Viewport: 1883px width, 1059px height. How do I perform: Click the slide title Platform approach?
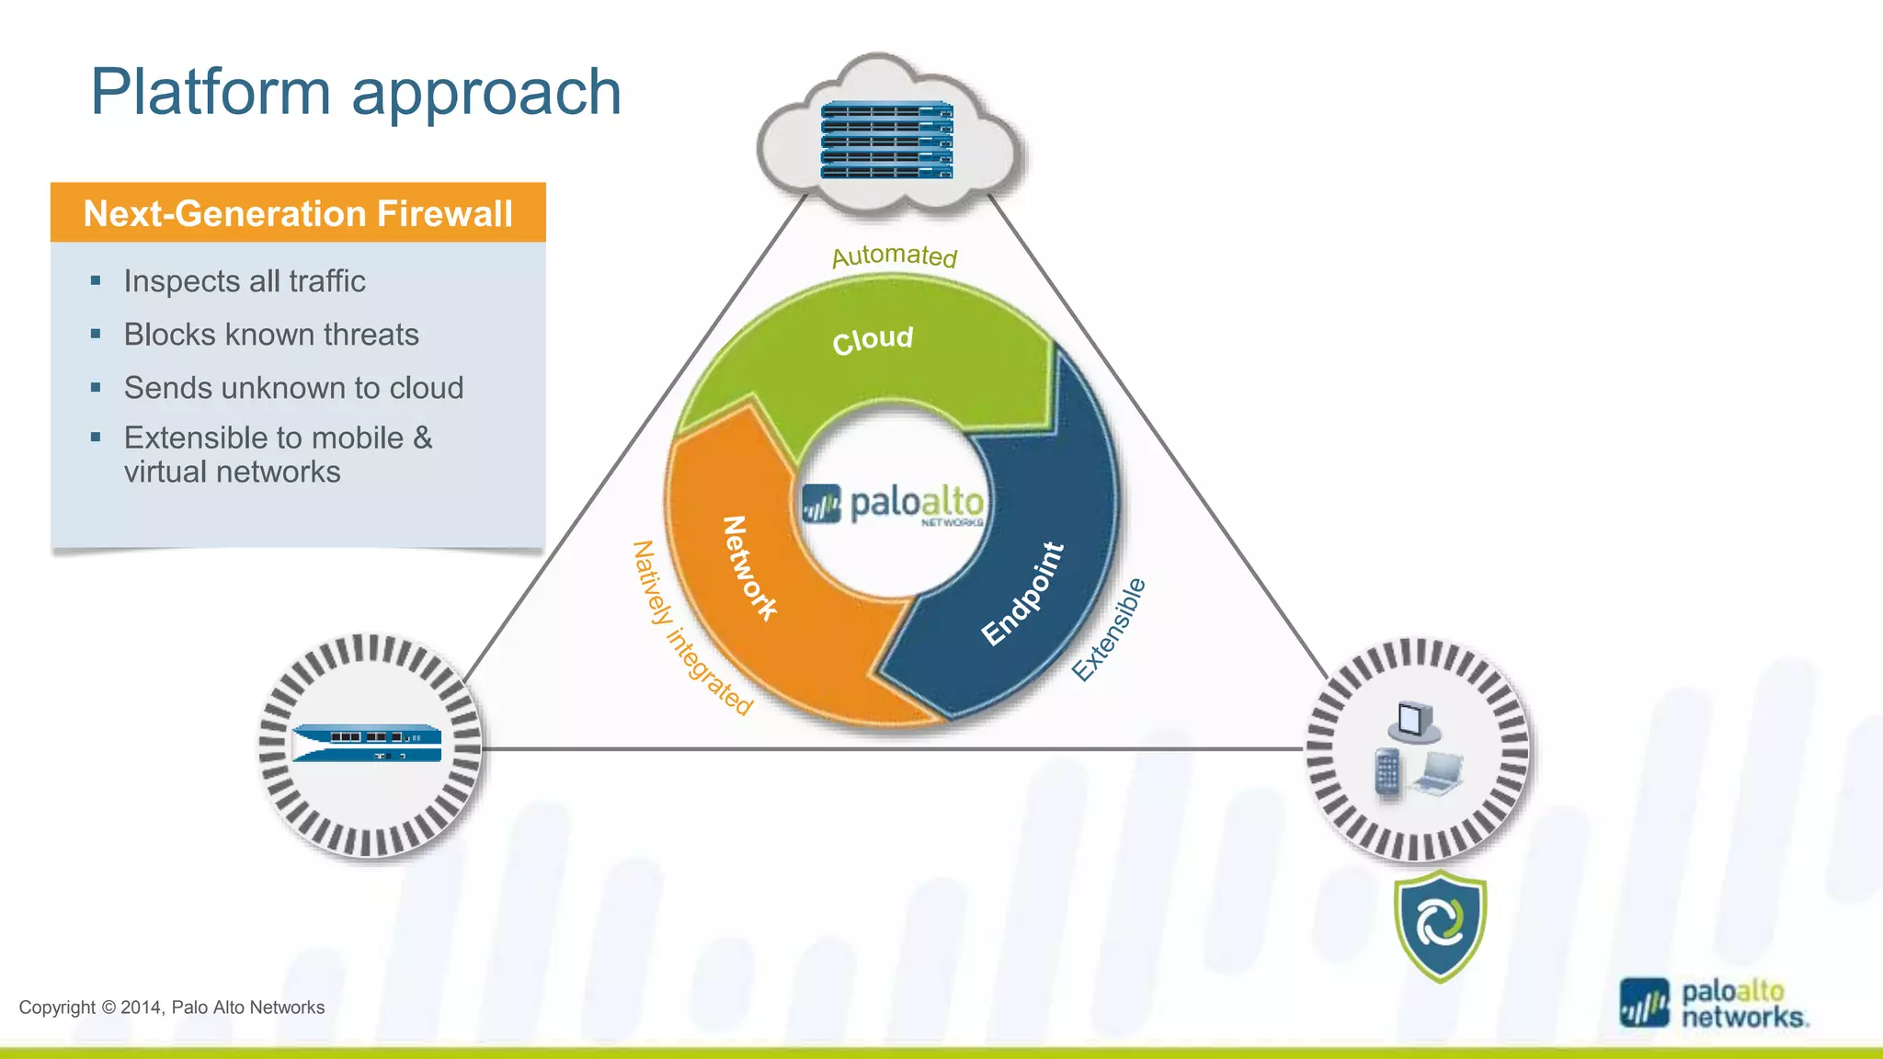coord(356,93)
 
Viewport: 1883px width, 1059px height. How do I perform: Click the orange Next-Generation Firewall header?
coord(298,213)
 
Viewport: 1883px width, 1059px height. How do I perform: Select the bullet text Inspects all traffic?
coord(245,281)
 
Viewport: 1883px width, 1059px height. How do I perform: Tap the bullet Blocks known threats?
coord(271,335)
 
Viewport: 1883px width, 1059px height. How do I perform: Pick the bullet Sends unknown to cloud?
coord(293,388)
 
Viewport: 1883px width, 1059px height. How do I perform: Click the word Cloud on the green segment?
coord(873,340)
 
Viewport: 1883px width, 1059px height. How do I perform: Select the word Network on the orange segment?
coord(749,568)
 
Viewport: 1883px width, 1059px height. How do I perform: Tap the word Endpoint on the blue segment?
coord(1022,593)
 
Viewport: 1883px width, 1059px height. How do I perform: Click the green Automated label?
coord(895,256)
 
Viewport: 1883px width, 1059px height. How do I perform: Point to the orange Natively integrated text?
coord(691,628)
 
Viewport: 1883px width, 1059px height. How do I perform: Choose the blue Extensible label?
coord(1110,630)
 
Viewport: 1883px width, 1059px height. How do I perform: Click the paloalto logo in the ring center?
coord(893,505)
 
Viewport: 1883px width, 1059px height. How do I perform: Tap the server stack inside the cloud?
coord(886,141)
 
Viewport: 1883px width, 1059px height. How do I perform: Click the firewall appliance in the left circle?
coord(367,744)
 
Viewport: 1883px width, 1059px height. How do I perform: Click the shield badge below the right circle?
coord(1440,926)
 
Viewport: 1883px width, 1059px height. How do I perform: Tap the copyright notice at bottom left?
coord(172,1008)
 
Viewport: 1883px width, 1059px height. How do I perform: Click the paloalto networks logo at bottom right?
coord(1714,1004)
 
